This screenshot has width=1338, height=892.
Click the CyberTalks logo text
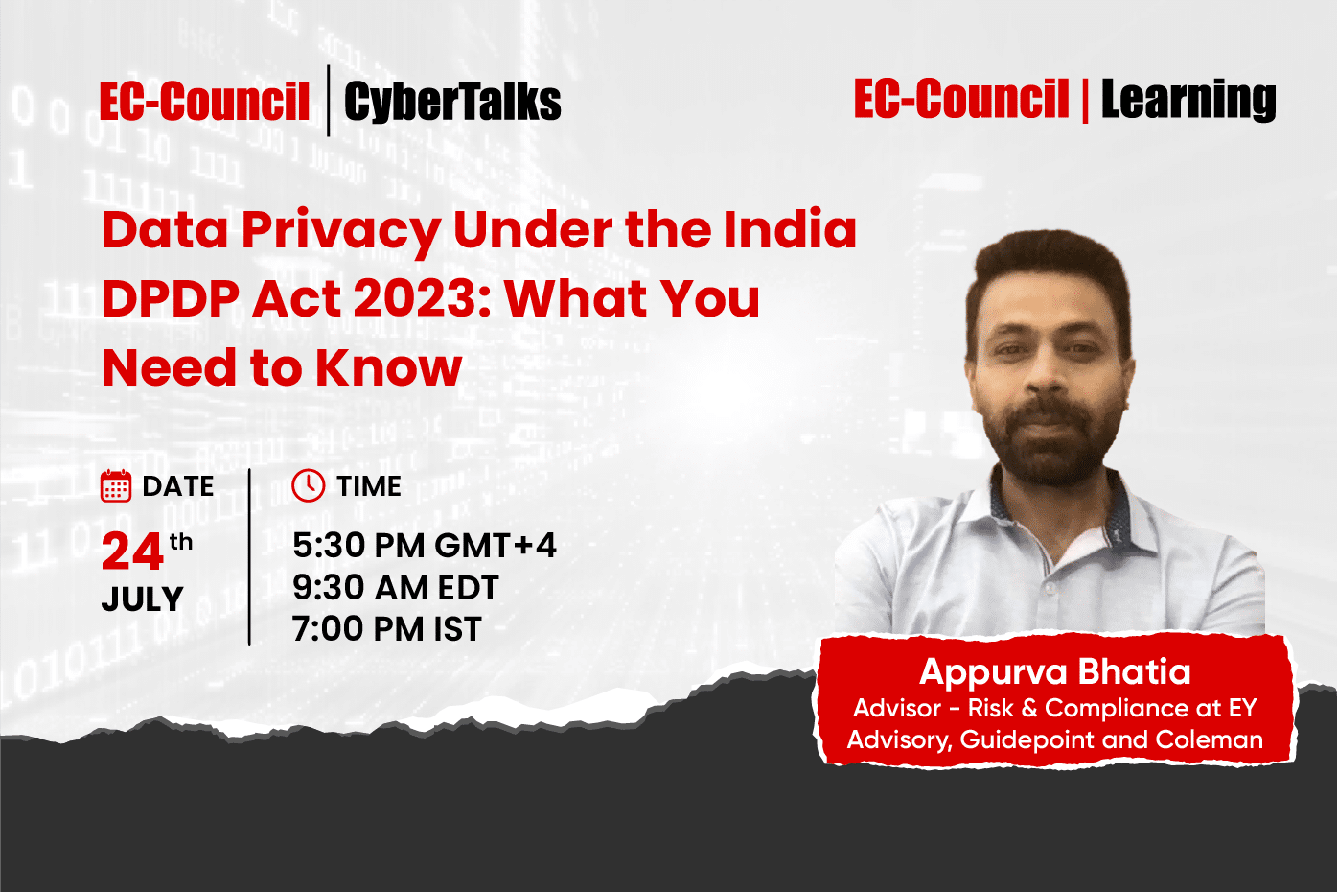(x=451, y=102)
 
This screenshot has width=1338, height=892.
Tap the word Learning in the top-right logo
(x=1188, y=100)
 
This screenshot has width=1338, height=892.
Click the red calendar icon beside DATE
(x=116, y=486)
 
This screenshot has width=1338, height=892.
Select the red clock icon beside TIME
(x=309, y=486)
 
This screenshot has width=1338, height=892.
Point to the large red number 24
(x=132, y=552)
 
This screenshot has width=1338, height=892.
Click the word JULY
(x=142, y=599)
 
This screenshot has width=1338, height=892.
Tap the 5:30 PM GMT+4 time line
(x=424, y=546)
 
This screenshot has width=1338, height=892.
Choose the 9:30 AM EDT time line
(x=395, y=588)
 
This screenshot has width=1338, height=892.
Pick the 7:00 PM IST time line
(x=386, y=629)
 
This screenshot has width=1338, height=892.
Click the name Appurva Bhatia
(x=1054, y=671)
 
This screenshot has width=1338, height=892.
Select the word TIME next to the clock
(x=369, y=486)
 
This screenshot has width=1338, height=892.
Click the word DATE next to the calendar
(x=178, y=486)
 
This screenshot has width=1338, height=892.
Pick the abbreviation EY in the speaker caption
(x=1242, y=708)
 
